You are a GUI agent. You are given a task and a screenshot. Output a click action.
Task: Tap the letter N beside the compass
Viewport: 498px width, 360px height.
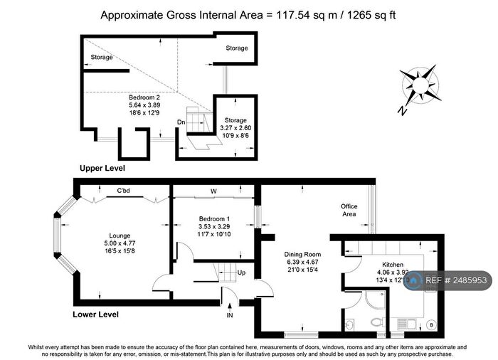(x=403, y=110)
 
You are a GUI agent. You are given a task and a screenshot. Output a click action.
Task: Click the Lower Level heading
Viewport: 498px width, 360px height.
(x=96, y=314)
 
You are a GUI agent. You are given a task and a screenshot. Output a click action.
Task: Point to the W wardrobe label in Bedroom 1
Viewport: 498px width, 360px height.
(x=213, y=191)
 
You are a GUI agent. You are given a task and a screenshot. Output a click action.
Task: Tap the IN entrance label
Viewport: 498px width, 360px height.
(x=229, y=314)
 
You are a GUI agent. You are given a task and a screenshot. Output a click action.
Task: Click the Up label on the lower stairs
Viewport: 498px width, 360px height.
(x=240, y=272)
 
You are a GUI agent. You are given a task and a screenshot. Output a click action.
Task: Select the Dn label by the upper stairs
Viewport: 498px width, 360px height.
(x=181, y=122)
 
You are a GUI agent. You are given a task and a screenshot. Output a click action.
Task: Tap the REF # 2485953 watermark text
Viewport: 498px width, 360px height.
(x=456, y=281)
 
